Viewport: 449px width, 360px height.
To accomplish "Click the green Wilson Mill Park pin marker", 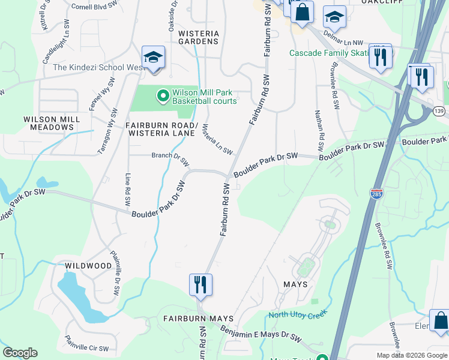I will pos(162,95).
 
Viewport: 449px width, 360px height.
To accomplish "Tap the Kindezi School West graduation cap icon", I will pos(154,58).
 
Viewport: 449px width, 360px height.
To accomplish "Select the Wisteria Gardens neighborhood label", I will pos(198,37).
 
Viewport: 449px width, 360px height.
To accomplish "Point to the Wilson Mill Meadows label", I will pos(52,123).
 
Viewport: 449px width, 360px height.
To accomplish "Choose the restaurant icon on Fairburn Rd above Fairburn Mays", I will pos(200,284).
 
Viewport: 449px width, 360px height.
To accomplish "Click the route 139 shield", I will pos(441,111).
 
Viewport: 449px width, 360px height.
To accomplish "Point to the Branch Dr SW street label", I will pos(170,158).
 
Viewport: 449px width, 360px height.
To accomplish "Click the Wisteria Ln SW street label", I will pos(217,139).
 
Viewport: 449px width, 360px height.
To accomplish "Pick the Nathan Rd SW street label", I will pos(319,130).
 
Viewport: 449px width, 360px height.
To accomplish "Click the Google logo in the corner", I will pos(20,353).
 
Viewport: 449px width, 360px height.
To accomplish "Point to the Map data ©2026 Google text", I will pos(411,355).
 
